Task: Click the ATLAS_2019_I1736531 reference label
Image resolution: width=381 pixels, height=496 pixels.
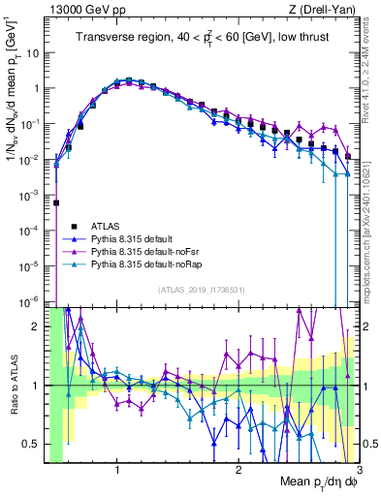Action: (201, 290)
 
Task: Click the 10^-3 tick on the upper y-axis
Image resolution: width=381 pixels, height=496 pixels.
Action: (31, 194)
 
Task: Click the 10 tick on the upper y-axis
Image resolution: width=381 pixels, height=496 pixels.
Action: (35, 52)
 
